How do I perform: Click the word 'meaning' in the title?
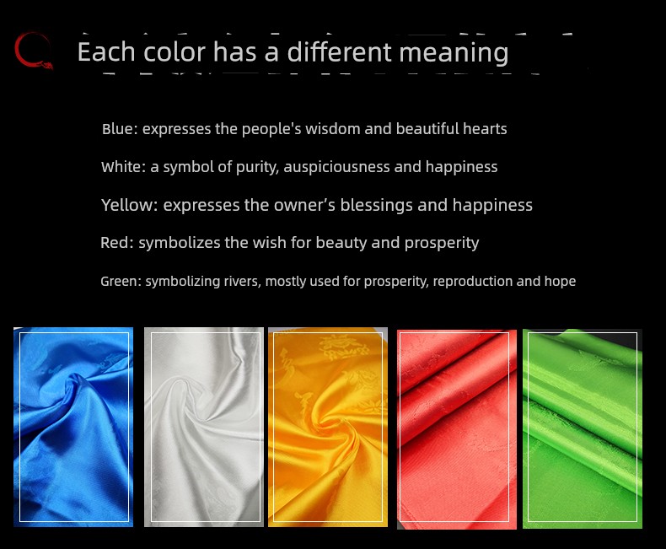454,52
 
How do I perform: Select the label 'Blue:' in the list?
120,128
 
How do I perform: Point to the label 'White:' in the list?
124,167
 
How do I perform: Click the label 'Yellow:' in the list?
130,205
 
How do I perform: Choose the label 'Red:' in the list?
117,242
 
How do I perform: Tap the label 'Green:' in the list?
121,281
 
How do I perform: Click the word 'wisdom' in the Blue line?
332,128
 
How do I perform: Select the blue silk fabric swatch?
73,427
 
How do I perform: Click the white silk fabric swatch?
204,427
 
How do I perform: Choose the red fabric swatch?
457,429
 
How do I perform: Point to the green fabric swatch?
583,428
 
